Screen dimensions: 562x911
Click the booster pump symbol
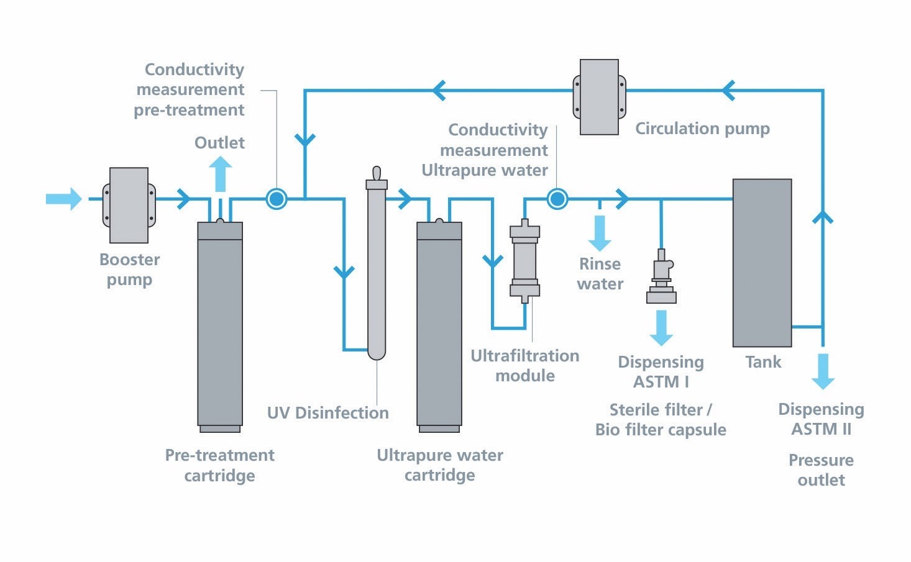129,205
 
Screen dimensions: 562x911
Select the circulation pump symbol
599,97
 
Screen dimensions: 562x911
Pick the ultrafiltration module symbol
525,261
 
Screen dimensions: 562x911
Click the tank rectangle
762,263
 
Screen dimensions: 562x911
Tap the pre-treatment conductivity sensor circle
277,199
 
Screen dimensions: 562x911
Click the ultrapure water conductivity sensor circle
557,199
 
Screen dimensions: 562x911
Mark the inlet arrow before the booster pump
64,199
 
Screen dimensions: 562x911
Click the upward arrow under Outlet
220,173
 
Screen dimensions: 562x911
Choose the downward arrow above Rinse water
600,232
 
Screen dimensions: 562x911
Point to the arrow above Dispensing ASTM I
661,327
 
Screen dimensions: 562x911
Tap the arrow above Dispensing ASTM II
823,371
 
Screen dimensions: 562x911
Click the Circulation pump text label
702,129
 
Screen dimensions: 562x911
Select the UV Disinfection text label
327,413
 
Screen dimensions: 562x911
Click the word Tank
763,362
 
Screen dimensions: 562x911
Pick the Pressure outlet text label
821,470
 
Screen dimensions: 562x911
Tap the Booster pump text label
129,270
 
